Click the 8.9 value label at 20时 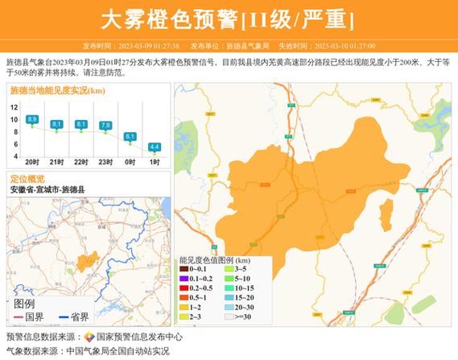(32, 119)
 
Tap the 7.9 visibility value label (105, 125)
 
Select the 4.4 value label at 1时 (155, 147)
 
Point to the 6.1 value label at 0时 (130, 137)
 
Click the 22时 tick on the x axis (80, 162)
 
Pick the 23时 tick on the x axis (105, 162)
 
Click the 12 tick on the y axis (14, 106)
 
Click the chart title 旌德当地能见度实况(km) (59, 91)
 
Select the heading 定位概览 (28, 179)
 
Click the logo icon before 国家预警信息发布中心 (90, 337)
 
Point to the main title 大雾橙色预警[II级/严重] (229, 18)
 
